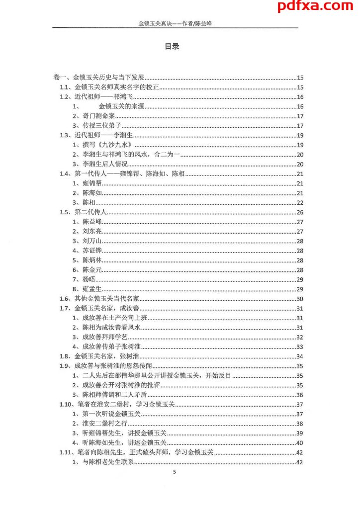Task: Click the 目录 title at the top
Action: [x=172, y=47]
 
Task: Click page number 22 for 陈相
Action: [x=300, y=203]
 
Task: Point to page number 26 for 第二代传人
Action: [x=300, y=212]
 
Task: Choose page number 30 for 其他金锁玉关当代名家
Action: [x=300, y=299]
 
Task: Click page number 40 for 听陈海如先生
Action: [x=300, y=443]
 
